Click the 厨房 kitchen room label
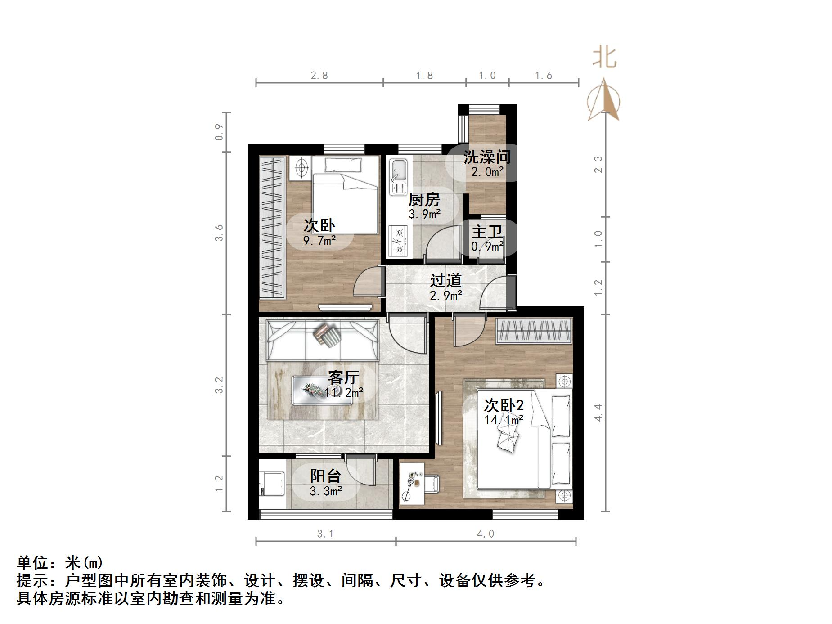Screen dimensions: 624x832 [x=424, y=199]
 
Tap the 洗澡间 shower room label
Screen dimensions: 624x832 [x=487, y=157]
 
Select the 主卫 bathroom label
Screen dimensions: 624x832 [x=486, y=232]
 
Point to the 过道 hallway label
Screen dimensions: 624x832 [x=446, y=280]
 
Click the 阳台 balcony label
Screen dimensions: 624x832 [x=325, y=476]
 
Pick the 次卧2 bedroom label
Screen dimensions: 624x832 [x=504, y=405]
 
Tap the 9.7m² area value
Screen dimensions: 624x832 [x=319, y=241]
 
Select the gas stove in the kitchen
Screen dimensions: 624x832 [x=398, y=241]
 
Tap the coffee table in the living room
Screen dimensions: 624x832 [x=322, y=390]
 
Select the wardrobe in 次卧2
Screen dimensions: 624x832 [x=534, y=331]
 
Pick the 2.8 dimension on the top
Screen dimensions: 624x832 [x=319, y=76]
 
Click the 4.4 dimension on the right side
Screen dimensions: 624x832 [x=598, y=413]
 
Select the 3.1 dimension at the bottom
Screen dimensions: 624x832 [x=325, y=534]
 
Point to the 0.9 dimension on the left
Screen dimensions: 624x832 [x=219, y=132]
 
